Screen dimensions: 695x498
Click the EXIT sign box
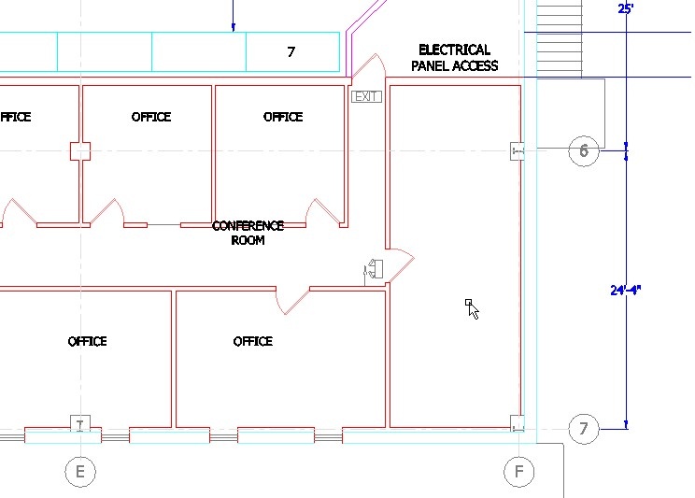tap(366, 96)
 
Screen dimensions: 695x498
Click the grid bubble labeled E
tap(80, 472)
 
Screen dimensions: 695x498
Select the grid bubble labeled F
tap(519, 472)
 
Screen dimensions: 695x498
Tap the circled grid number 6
tap(584, 151)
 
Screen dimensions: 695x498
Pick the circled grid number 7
tap(584, 428)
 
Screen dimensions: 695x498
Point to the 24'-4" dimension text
tap(626, 290)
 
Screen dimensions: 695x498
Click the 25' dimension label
tap(626, 8)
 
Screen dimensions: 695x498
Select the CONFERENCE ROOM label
tap(248, 233)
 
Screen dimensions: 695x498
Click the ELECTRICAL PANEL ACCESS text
tap(454, 58)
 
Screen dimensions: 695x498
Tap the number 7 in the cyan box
tap(291, 52)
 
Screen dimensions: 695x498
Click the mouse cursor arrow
tap(473, 309)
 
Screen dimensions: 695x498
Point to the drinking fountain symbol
tap(374, 269)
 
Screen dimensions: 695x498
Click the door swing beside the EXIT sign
tap(369, 66)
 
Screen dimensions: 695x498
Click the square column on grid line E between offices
tap(80, 151)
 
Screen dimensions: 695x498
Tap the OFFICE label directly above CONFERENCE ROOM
tap(283, 117)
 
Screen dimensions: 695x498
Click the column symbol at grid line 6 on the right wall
tap(518, 151)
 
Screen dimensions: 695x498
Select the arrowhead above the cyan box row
tap(234, 27)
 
